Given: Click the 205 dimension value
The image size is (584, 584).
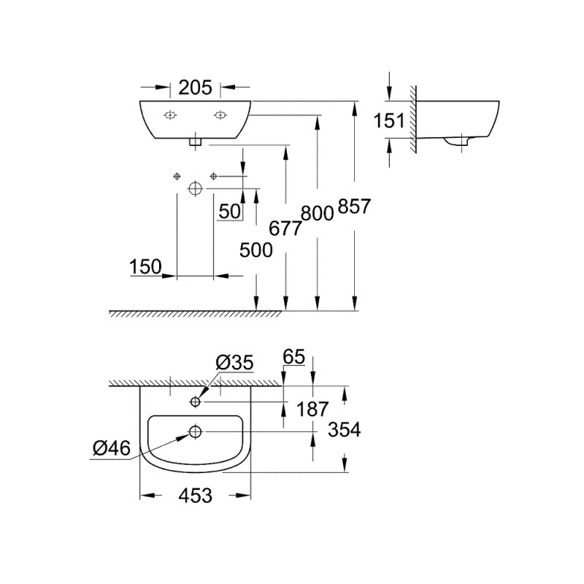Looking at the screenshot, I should (x=196, y=88).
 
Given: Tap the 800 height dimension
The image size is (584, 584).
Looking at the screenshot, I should (x=317, y=213).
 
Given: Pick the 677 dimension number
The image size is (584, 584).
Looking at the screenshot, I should (x=285, y=229).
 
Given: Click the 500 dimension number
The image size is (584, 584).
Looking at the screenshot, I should (x=255, y=250).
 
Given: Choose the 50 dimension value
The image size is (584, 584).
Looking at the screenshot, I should (x=230, y=212).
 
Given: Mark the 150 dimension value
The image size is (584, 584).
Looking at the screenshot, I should (x=145, y=268).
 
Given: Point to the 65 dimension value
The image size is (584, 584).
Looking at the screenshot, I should (x=294, y=358).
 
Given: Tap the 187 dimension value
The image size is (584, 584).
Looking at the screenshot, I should (x=312, y=409).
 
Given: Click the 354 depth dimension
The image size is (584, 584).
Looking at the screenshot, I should (x=345, y=430).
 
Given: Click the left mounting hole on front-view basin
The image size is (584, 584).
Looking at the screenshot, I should (x=169, y=114).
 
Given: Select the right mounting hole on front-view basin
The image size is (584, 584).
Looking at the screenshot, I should (x=219, y=114).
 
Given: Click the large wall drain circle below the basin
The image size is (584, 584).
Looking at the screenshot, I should (x=194, y=188).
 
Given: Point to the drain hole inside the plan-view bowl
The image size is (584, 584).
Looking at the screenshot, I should (x=195, y=431).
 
